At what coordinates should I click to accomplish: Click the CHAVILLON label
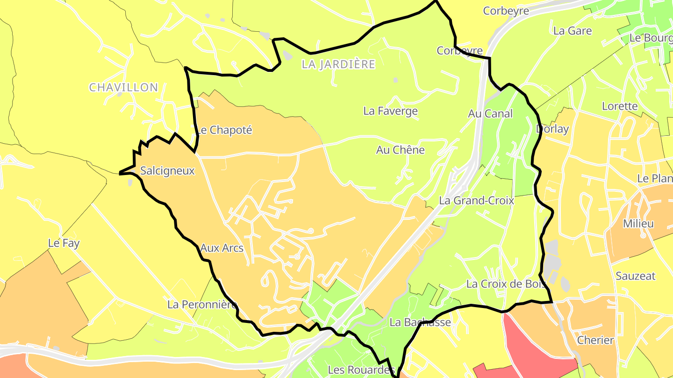[123, 87]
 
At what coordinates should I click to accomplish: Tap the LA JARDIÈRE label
[338, 64]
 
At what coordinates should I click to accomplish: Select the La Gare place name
[572, 31]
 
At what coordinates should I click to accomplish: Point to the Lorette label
[620, 106]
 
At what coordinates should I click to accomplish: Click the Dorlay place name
[552, 129]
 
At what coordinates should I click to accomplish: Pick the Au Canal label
[490, 113]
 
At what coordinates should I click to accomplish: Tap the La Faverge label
[390, 111]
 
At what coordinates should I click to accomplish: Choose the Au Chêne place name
[400, 150]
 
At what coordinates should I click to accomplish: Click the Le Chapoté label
[223, 130]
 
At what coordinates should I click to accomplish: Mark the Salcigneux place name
[167, 171]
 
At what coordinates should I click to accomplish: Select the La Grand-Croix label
[476, 201]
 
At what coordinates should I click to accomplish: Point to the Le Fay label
[64, 243]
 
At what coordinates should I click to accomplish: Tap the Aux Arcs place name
[222, 248]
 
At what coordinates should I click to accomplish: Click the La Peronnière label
[202, 305]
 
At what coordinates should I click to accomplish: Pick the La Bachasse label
[421, 322]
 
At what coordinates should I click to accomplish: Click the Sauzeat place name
[635, 276]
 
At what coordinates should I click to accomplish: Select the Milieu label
[638, 224]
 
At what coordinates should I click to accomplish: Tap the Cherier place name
[595, 340]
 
